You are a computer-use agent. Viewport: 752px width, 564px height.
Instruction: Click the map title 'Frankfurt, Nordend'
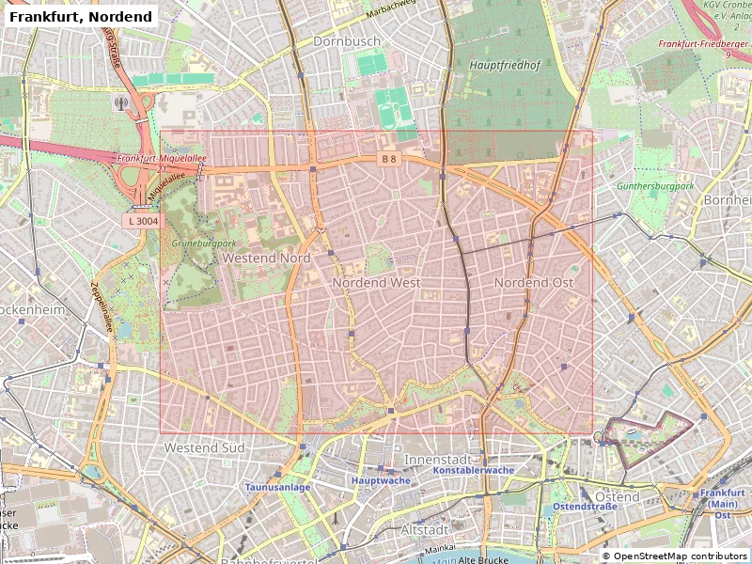(x=80, y=17)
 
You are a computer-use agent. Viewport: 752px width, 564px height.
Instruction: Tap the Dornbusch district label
(x=347, y=41)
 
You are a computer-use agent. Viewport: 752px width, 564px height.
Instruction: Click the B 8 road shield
(x=389, y=159)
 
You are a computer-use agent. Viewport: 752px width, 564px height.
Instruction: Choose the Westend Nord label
(x=266, y=258)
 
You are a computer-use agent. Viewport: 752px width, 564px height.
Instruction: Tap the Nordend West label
(x=376, y=282)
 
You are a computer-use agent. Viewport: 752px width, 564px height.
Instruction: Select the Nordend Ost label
(x=533, y=282)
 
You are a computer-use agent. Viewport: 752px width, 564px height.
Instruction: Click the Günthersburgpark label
(x=654, y=186)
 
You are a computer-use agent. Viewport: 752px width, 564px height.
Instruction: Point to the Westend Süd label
(x=204, y=448)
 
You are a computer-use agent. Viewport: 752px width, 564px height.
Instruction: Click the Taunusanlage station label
(x=277, y=487)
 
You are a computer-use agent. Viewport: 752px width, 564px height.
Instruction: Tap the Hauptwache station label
(x=380, y=480)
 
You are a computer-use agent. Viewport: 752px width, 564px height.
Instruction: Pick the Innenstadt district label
(x=435, y=458)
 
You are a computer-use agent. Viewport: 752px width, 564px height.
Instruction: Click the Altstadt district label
(x=425, y=530)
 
